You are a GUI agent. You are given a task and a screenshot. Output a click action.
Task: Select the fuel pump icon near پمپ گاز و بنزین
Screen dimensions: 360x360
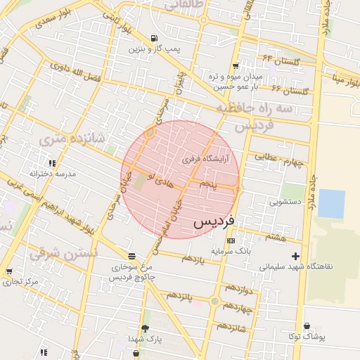coord(154,39)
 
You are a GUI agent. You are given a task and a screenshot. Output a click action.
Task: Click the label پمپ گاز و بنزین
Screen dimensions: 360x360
coord(154,50)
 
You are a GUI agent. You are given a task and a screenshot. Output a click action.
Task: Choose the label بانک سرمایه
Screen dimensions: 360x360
coord(230,250)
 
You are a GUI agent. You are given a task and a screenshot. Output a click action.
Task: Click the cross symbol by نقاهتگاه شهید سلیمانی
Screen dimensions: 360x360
coord(295,257)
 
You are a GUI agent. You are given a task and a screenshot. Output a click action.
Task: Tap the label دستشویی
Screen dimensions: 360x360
coord(285,202)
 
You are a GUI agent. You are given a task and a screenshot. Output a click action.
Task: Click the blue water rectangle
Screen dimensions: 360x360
coord(331,204)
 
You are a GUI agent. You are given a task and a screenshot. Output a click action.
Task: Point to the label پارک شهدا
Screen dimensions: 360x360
coord(146,339)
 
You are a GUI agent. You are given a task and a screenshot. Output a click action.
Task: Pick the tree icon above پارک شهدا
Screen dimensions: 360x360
coord(146,328)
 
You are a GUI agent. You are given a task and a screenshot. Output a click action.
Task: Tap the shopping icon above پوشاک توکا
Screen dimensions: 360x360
coord(307,326)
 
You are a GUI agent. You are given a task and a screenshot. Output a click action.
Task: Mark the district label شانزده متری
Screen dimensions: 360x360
coord(72,139)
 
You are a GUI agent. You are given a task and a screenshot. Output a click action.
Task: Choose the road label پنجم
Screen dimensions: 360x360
coord(208,184)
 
